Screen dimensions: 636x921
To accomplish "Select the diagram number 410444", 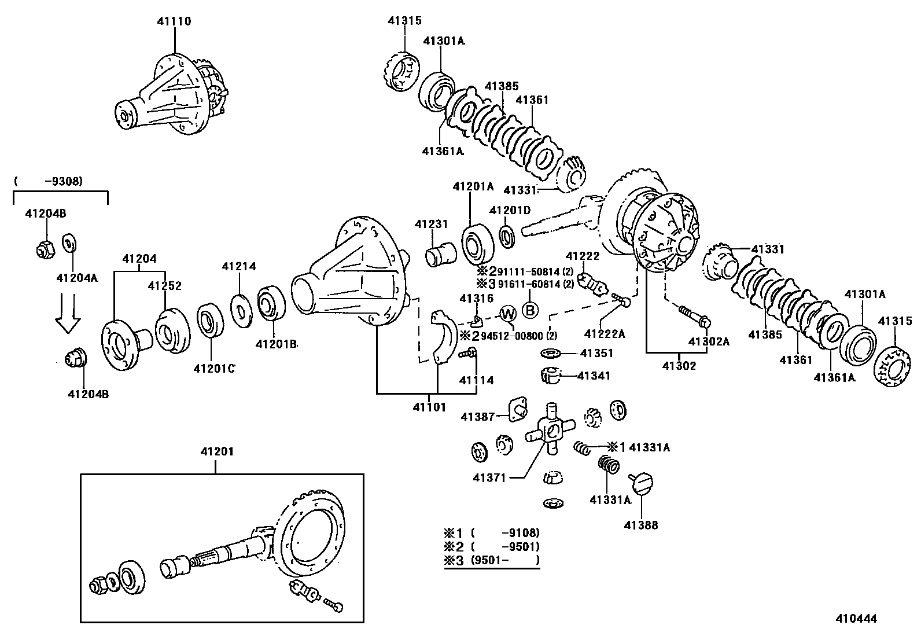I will pos(856,619).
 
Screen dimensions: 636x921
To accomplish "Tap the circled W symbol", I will pos(507,314).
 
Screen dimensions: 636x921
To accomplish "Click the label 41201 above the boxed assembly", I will pos(215,451).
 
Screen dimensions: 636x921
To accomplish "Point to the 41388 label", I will pos(641,525).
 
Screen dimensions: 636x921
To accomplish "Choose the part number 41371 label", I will pos(489,478).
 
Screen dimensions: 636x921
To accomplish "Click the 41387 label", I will pos(477,416).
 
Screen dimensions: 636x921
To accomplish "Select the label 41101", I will pos(429,407).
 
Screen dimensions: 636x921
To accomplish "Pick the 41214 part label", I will pos(239,267).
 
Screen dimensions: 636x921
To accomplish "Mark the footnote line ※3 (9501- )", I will pos(491,560).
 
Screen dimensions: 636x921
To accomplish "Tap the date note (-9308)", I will pos(49,181).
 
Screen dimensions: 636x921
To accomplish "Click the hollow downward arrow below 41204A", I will pos(68,315).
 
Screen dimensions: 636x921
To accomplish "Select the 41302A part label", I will pos(709,341).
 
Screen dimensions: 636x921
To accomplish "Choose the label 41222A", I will pos(605,333).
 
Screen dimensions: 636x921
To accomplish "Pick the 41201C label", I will pos(214,368).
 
